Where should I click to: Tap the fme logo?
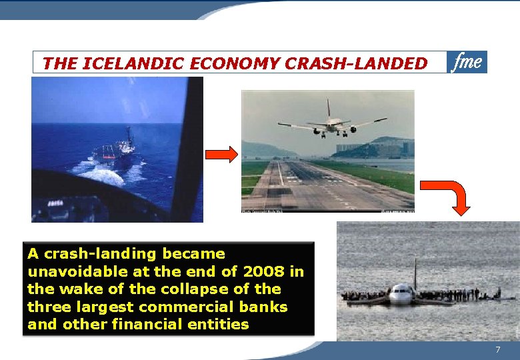click(x=467, y=62)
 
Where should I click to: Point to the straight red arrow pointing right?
click(x=221, y=155)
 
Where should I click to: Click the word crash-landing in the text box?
click(x=87, y=254)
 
